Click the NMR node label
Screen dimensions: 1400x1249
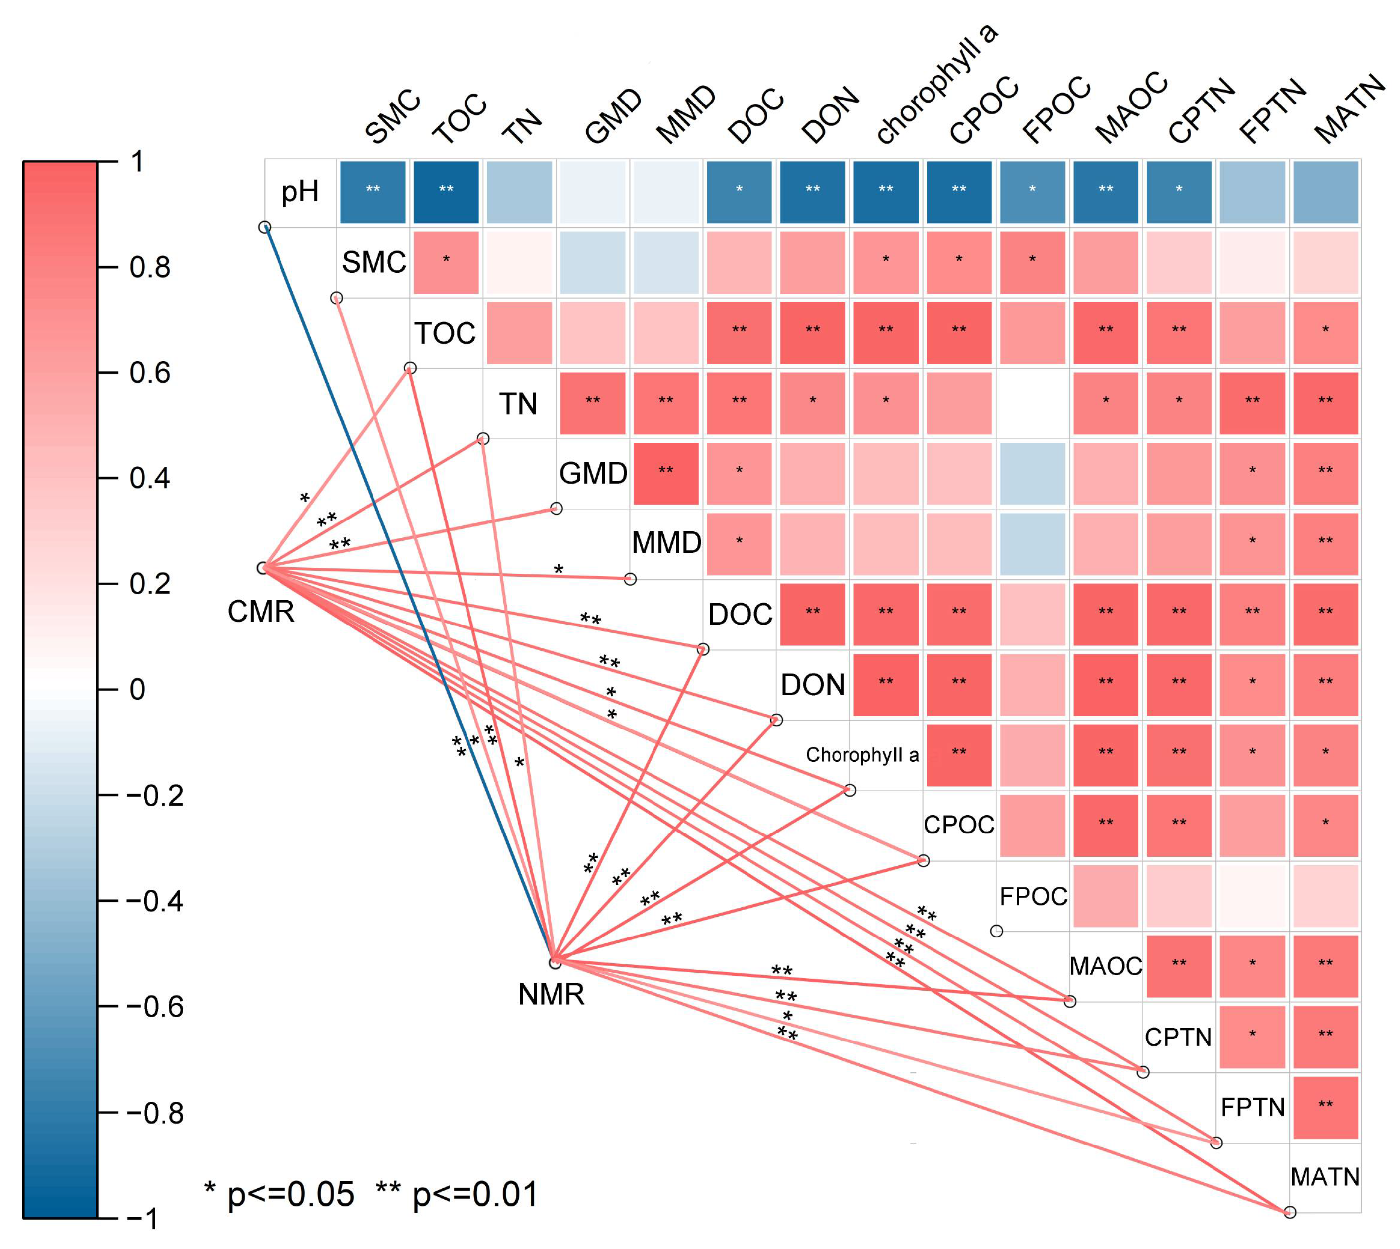552,994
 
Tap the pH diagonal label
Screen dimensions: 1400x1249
300,192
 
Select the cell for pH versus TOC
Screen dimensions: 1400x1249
446,192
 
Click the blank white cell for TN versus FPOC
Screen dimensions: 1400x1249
1032,404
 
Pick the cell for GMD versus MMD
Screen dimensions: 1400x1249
665,474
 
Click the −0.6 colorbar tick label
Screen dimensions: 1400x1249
155,1007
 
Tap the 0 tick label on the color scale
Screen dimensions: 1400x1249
137,690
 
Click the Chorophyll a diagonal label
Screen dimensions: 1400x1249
862,755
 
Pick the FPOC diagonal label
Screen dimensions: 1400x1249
1033,896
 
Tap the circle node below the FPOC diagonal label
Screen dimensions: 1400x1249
997,931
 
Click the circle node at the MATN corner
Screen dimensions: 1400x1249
1290,1212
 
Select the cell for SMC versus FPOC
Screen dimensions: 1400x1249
1032,262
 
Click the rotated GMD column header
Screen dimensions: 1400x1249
613,116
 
